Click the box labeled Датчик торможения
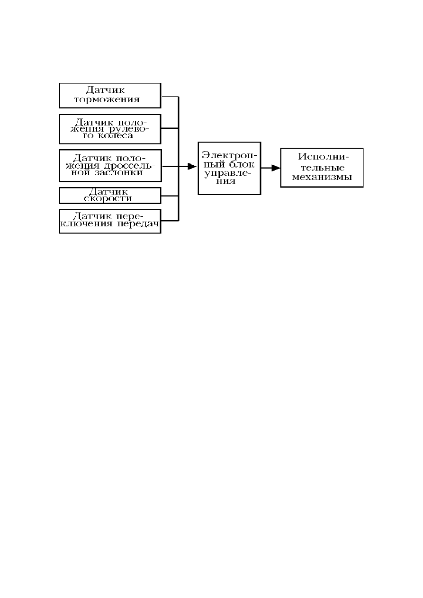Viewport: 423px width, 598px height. pyautogui.click(x=110, y=96)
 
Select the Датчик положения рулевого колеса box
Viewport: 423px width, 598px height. pyautogui.click(x=110, y=129)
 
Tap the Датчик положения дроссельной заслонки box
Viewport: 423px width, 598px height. pyautogui.click(x=110, y=166)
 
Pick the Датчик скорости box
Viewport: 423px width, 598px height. pyautogui.click(x=110, y=196)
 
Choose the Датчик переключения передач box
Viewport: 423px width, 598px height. pyautogui.click(x=110, y=221)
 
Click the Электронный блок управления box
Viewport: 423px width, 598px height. pyautogui.click(x=229, y=168)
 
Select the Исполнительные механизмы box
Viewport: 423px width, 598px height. pyautogui.click(x=322, y=168)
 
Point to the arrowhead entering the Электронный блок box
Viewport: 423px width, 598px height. pyautogui.click(x=192, y=166)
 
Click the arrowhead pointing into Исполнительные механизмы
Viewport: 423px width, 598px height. pyautogui.click(x=276, y=168)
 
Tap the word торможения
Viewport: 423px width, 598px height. pyautogui.click(x=107, y=100)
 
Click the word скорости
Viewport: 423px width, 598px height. pyautogui.click(x=108, y=198)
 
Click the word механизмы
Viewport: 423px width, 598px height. pyautogui.click(x=322, y=177)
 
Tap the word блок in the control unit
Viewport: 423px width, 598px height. pyautogui.click(x=242, y=164)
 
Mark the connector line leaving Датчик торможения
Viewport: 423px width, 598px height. pyautogui.click(x=170, y=97)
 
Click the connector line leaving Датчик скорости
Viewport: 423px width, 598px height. pyautogui.click(x=170, y=196)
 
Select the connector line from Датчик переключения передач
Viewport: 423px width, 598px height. pyautogui.click(x=170, y=221)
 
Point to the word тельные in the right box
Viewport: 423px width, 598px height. pyautogui.click(x=322, y=168)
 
